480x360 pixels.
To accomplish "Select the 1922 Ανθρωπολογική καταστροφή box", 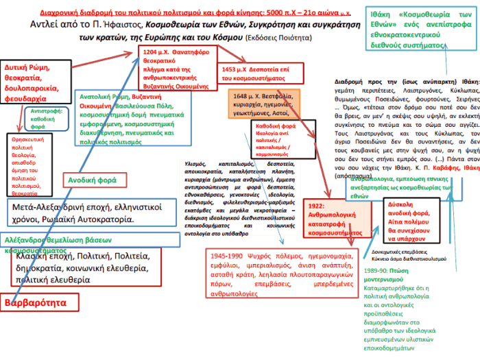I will [x=335, y=219].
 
